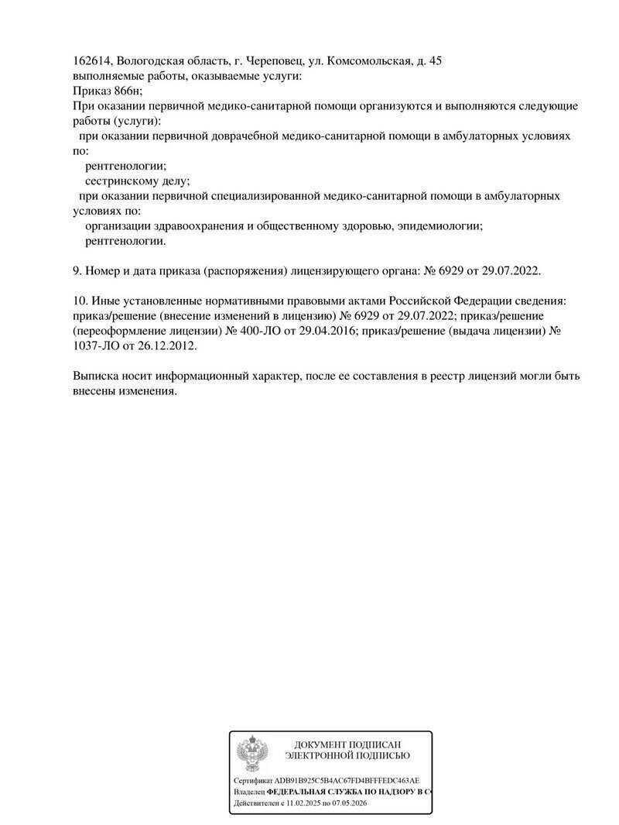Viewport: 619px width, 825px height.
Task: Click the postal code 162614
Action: (x=92, y=61)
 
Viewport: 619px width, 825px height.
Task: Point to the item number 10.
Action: (x=79, y=301)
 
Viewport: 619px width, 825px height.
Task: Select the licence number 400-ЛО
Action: (x=248, y=330)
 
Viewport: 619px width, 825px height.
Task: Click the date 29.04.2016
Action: (x=320, y=330)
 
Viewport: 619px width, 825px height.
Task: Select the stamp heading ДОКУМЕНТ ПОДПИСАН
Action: (x=347, y=744)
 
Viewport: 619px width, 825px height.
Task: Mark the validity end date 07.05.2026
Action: (x=367, y=805)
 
